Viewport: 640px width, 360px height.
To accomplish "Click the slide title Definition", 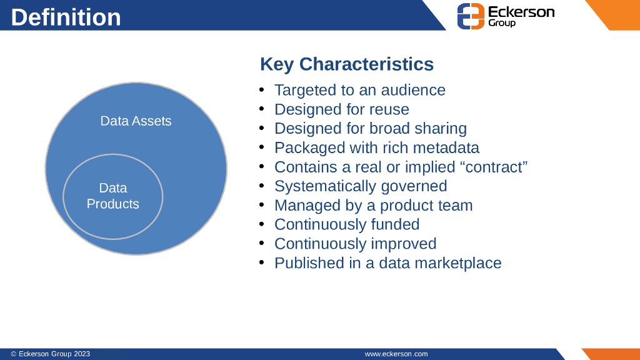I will [x=66, y=17].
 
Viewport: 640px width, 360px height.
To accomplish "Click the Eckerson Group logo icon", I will [x=471, y=16].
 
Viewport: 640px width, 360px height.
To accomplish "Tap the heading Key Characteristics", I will [x=346, y=64].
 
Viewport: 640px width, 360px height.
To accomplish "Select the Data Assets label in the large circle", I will [x=136, y=121].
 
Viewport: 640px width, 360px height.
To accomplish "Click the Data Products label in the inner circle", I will [x=112, y=196].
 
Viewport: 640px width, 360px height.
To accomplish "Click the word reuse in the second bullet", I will [x=387, y=109].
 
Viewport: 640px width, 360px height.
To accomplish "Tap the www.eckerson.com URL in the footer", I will [x=396, y=354].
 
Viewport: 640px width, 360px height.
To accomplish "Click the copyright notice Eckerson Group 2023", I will [x=51, y=354].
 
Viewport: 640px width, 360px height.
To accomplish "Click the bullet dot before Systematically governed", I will [x=262, y=186].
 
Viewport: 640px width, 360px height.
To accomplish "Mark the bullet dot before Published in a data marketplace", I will [x=262, y=263].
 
